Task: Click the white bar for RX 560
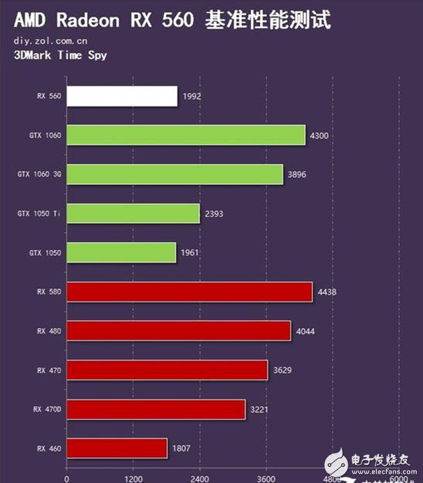click(x=122, y=96)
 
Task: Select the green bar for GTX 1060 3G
click(x=175, y=174)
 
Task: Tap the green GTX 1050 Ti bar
click(x=133, y=213)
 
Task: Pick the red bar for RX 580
click(x=189, y=292)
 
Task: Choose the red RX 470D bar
click(x=155, y=409)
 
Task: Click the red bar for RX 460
click(x=117, y=448)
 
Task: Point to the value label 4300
click(x=320, y=135)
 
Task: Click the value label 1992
click(x=191, y=96)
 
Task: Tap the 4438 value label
click(x=326, y=292)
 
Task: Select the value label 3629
click(x=282, y=370)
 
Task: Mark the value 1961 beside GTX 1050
click(x=190, y=253)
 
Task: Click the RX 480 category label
click(x=49, y=331)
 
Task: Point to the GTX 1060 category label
click(x=45, y=135)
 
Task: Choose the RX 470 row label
click(x=49, y=370)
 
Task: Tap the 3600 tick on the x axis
click(x=266, y=478)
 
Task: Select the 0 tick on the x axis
click(x=66, y=478)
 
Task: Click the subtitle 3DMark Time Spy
click(x=60, y=55)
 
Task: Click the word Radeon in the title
click(x=86, y=20)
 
